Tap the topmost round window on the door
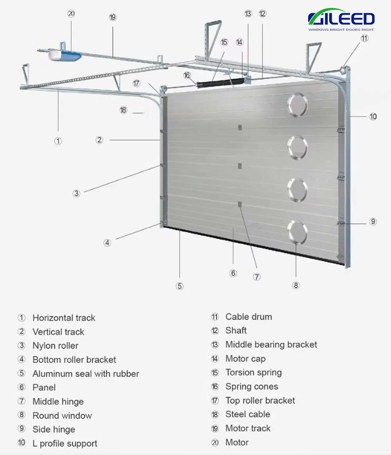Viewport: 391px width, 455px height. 297,105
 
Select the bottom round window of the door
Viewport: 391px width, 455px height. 297,230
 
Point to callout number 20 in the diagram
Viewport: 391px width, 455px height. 71,14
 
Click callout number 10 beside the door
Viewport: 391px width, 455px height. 373,116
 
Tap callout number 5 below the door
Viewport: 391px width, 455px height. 179,286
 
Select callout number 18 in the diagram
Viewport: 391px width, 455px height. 123,110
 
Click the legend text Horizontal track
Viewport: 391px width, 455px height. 64,318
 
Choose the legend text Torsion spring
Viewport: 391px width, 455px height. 253,373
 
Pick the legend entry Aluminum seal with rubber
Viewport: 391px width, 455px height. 86,374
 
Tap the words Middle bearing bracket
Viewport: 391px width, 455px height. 271,344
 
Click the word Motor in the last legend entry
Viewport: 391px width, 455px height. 237,443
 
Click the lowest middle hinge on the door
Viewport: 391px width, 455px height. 240,203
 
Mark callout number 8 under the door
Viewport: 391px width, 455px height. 296,285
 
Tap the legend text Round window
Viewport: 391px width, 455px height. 62,416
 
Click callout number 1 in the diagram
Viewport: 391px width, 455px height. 58,141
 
